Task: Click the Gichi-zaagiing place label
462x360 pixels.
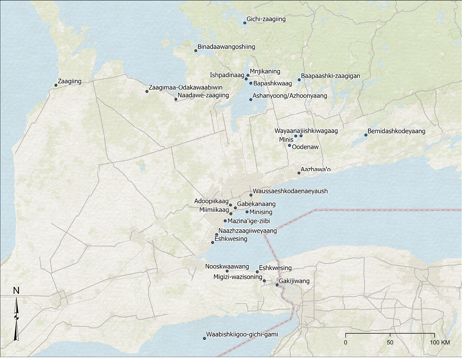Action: (x=266, y=19)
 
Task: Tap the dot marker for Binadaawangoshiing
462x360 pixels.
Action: (x=196, y=50)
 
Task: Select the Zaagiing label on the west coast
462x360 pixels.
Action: (x=69, y=81)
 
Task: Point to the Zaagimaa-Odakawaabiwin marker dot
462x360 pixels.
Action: (x=147, y=91)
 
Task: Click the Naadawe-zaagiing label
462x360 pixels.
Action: (x=203, y=95)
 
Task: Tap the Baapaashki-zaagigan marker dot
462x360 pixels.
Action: (x=299, y=80)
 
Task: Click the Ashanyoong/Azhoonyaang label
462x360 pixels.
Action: (x=290, y=96)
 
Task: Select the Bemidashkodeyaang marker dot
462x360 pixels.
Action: (x=366, y=135)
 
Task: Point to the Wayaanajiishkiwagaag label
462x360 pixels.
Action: (x=306, y=131)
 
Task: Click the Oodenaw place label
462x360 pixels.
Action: (x=305, y=147)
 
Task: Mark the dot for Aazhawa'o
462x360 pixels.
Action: (x=299, y=173)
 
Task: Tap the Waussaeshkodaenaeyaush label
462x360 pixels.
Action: (x=290, y=191)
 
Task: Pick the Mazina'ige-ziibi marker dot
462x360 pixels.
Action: (x=225, y=221)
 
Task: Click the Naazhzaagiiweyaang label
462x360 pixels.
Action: (x=248, y=231)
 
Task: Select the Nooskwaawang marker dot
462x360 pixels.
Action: (x=227, y=271)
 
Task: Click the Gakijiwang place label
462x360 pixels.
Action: (x=294, y=281)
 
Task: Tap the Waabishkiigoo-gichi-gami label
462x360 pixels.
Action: (x=242, y=335)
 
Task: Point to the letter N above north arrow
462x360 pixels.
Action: (x=16, y=291)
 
